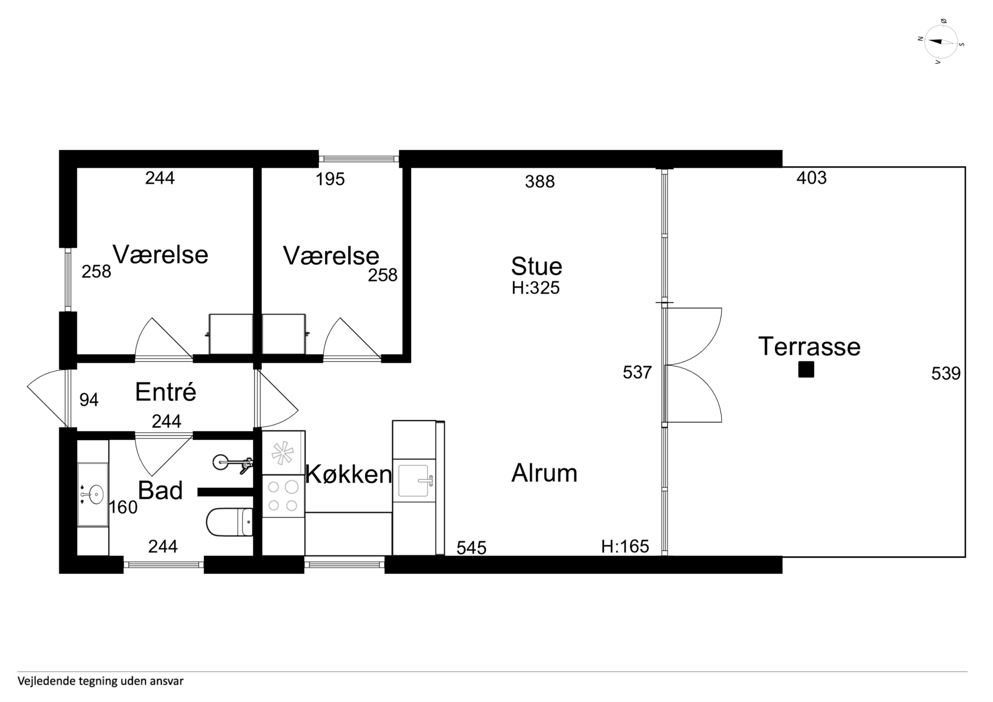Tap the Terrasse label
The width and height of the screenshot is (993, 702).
809,347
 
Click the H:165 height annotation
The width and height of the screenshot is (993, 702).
625,547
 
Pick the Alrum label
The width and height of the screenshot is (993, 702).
544,473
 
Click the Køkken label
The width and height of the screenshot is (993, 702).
349,474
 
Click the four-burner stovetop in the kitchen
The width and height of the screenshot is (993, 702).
283,496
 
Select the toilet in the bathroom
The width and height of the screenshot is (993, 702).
229,522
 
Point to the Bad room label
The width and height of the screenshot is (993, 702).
160,491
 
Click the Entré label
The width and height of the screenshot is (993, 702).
166,392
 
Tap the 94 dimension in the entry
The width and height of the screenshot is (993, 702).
89,400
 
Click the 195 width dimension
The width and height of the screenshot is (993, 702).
330,179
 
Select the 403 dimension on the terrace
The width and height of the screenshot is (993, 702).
811,178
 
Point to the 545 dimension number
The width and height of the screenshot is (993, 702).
471,548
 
